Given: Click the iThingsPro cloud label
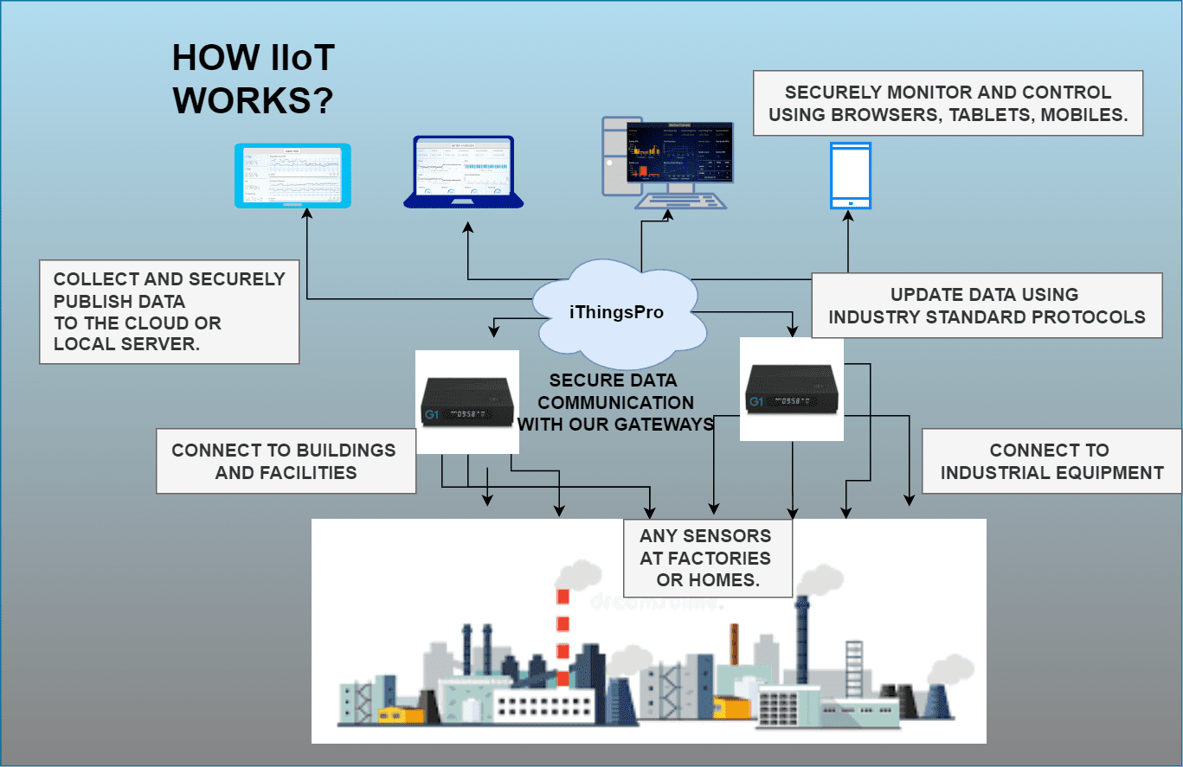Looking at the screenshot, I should pos(616,312).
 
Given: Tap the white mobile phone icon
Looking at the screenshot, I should pos(850,176).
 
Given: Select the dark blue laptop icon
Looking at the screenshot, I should pos(463,172).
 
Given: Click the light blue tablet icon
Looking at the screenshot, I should pos(293,176).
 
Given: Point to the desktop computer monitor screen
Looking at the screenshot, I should pos(679,152).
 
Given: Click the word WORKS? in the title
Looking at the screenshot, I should pos(253,101).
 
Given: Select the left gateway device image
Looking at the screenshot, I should pos(467,402).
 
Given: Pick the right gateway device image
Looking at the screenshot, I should pos(792,389).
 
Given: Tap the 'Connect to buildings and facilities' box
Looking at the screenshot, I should pos(286,461).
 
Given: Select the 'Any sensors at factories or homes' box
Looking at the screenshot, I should pos(707,558).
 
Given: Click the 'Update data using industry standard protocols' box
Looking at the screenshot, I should pos(987,306).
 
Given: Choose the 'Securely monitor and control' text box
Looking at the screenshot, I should pos(948,104).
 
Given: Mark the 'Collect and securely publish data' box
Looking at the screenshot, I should pos(170,311).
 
